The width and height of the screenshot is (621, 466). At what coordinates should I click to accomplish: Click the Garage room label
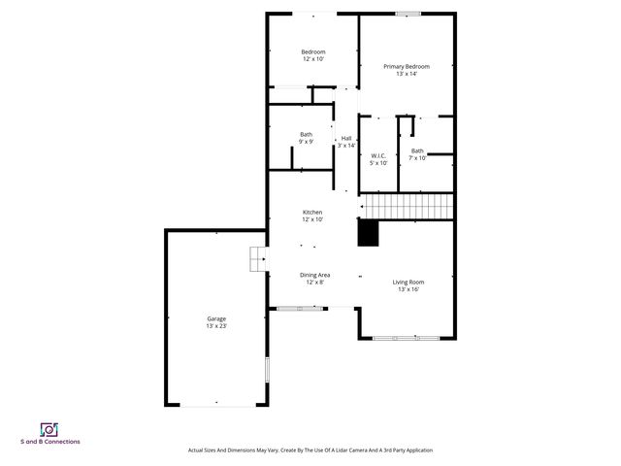click(x=216, y=318)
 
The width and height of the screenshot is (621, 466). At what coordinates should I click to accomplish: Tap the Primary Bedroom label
click(x=406, y=66)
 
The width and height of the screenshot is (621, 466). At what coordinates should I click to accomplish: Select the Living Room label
click(x=408, y=282)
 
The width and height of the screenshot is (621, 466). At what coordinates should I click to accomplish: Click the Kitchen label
click(x=312, y=212)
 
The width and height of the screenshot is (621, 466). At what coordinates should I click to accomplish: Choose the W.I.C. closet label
click(x=378, y=155)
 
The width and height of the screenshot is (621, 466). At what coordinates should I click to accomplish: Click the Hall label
click(x=345, y=138)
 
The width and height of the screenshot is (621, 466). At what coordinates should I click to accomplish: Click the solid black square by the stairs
click(x=369, y=234)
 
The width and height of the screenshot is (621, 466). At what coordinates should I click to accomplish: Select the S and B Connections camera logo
click(x=49, y=429)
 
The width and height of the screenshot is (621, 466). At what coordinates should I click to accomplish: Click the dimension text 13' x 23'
click(x=216, y=326)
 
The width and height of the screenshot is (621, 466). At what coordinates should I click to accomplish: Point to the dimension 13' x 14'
click(x=406, y=74)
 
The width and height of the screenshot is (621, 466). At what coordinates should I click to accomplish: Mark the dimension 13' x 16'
click(x=408, y=289)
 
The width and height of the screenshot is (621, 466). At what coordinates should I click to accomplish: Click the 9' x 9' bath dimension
click(x=306, y=142)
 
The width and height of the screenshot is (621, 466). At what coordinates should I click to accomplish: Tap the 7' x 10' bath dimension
click(x=417, y=158)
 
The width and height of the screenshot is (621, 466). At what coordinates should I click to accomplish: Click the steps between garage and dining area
click(x=257, y=258)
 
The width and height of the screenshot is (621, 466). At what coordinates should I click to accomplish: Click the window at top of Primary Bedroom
click(x=408, y=14)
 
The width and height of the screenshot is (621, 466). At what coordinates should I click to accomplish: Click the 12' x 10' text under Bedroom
click(x=312, y=59)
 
